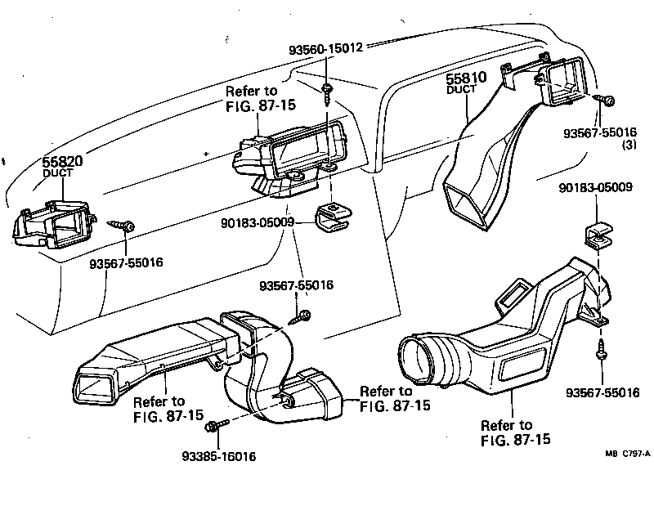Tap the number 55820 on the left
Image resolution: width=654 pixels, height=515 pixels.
click(64, 162)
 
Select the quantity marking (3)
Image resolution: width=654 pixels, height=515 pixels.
click(629, 146)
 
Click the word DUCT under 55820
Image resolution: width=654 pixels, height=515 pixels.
click(59, 174)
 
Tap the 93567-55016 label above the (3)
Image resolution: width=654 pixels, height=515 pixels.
click(601, 132)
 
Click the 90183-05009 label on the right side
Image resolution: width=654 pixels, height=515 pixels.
click(596, 188)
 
